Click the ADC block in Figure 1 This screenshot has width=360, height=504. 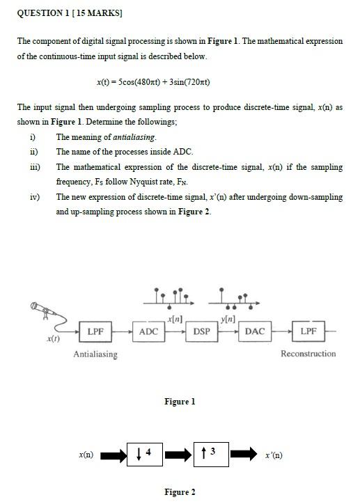(148, 331)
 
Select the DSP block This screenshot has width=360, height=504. (202, 331)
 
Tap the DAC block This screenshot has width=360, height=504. (255, 331)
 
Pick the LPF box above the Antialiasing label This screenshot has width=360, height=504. (95, 331)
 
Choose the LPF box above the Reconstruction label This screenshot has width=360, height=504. (308, 331)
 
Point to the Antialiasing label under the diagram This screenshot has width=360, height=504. (95, 354)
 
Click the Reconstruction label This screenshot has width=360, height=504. (308, 354)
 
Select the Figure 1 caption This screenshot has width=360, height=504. (180, 402)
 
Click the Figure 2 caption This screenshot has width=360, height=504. (180, 492)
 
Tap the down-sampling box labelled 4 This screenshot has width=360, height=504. (145, 454)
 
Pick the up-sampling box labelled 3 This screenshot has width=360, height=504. (212, 454)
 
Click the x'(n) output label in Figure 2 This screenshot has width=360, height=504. (274, 455)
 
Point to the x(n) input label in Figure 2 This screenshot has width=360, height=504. (86, 455)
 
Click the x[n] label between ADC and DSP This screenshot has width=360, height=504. (175, 319)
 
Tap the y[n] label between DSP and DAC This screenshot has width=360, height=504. (228, 319)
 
